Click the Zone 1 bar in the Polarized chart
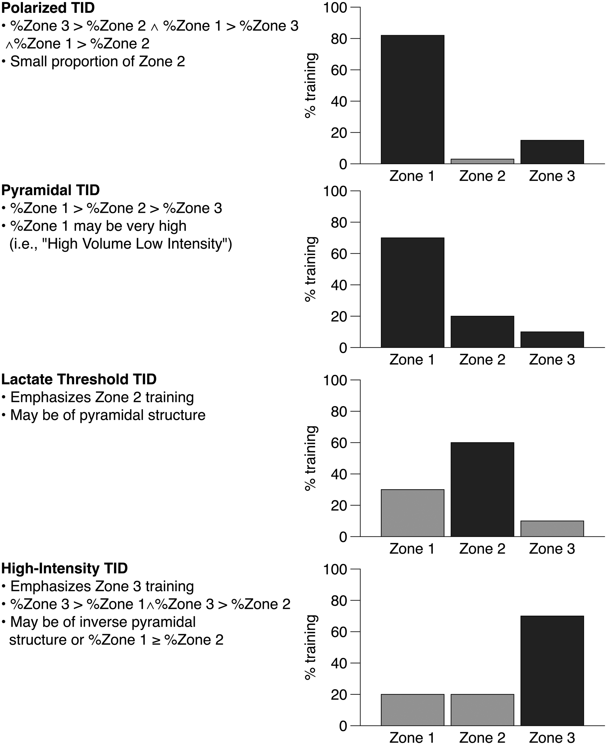click(x=412, y=100)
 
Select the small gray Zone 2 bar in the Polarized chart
click(x=482, y=162)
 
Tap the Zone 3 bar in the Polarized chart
click(x=552, y=152)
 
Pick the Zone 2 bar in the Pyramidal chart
click(x=482, y=332)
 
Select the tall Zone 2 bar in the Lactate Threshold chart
click(x=482, y=490)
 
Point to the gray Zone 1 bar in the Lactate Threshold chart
click(x=412, y=513)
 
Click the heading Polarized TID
click(x=48, y=8)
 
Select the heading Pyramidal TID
click(x=50, y=190)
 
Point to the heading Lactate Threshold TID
click(x=79, y=379)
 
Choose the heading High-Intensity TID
click(x=64, y=568)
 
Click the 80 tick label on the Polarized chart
click(x=338, y=39)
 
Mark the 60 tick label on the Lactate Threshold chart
click(x=338, y=443)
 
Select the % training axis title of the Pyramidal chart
click(x=310, y=269)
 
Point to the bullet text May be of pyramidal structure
click(x=108, y=415)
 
